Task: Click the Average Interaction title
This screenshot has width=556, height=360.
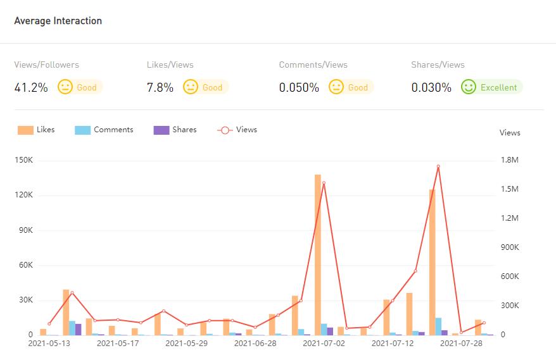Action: pos(58,21)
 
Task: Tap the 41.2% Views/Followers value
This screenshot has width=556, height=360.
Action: pos(31,88)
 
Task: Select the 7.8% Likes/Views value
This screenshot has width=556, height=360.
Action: pos(160,88)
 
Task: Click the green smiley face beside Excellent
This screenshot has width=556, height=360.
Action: pos(469,87)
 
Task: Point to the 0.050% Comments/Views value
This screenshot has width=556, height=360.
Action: pos(299,88)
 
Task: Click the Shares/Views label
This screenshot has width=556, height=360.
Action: pos(438,65)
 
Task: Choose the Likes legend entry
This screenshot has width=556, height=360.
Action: pos(37,130)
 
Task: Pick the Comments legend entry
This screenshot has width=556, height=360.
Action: pos(104,130)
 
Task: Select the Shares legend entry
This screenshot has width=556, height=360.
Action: pos(175,130)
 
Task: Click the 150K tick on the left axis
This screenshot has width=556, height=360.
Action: pos(23,160)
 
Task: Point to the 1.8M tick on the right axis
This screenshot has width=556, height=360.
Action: pos(510,160)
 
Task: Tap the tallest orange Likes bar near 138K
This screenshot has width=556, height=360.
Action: pos(318,253)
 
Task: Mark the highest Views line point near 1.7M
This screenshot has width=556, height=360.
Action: pos(438,166)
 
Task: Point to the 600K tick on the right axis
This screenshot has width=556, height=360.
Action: pos(509,276)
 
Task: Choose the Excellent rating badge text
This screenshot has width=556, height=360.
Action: pos(498,88)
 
